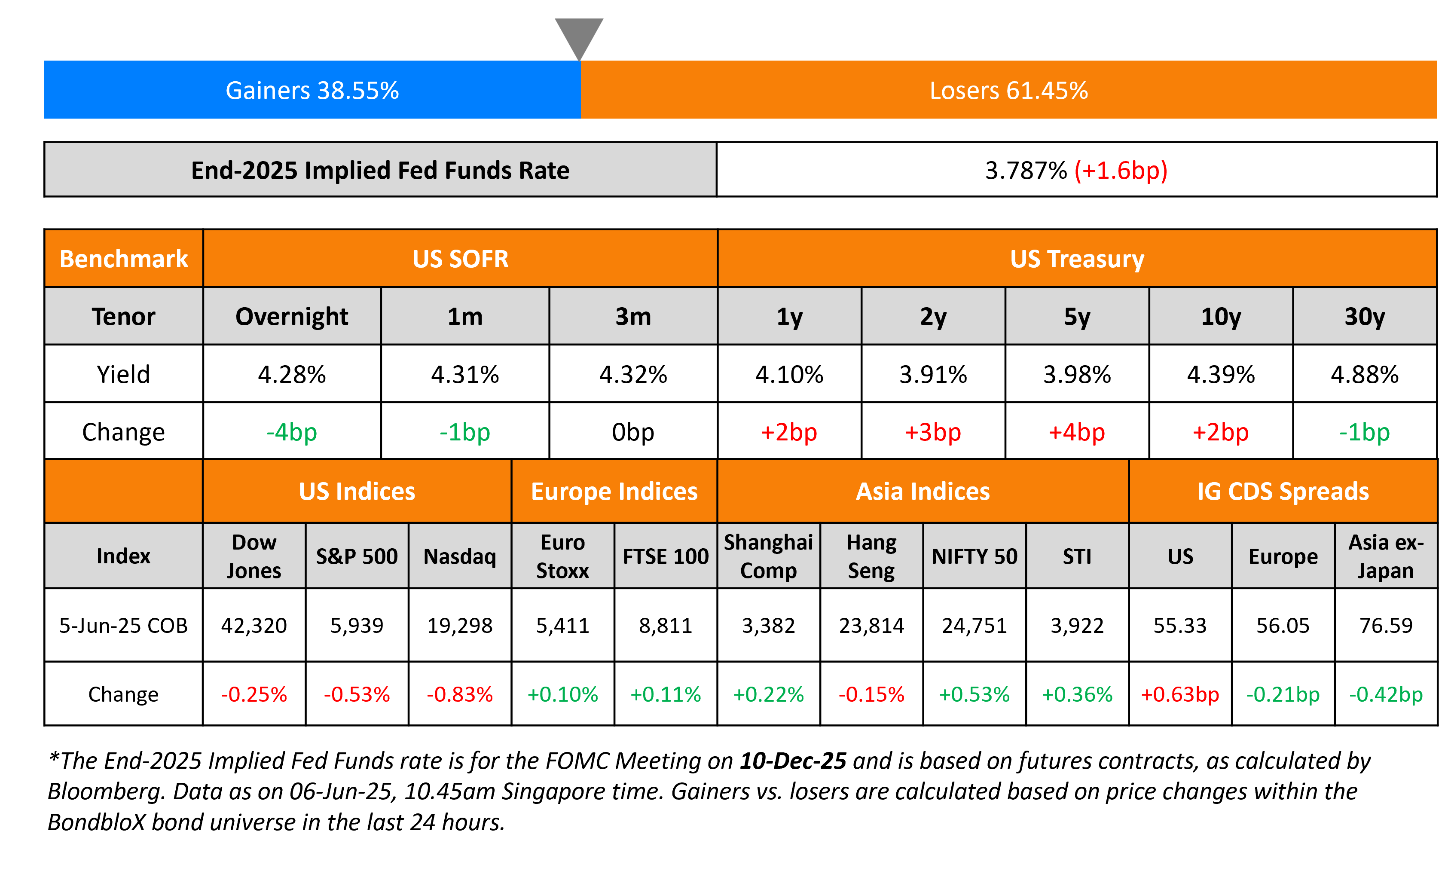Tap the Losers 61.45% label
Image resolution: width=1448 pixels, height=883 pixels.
(x=1008, y=91)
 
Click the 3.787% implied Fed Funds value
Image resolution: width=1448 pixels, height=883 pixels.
(x=1026, y=171)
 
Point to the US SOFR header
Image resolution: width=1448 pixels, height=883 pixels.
(x=460, y=259)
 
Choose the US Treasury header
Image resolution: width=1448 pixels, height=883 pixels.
(x=1077, y=259)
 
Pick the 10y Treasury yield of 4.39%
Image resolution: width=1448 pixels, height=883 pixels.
(x=1221, y=374)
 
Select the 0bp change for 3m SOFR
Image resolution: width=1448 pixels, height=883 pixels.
(x=633, y=432)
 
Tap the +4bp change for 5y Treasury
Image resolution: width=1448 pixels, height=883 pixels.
(x=1077, y=432)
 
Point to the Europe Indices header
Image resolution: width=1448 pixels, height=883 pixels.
(x=614, y=491)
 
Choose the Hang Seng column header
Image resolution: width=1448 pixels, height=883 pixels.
(x=871, y=556)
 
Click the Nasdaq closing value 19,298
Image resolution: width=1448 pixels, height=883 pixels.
(x=460, y=625)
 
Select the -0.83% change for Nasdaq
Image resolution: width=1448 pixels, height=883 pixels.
(x=460, y=694)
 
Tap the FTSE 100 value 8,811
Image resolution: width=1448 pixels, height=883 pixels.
(x=665, y=625)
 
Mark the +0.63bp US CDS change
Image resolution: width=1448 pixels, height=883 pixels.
(x=1179, y=694)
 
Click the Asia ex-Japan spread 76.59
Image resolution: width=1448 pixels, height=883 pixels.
(x=1386, y=625)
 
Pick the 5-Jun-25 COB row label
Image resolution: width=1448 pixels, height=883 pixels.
(x=123, y=625)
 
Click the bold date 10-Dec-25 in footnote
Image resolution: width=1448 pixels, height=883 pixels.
(x=793, y=761)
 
